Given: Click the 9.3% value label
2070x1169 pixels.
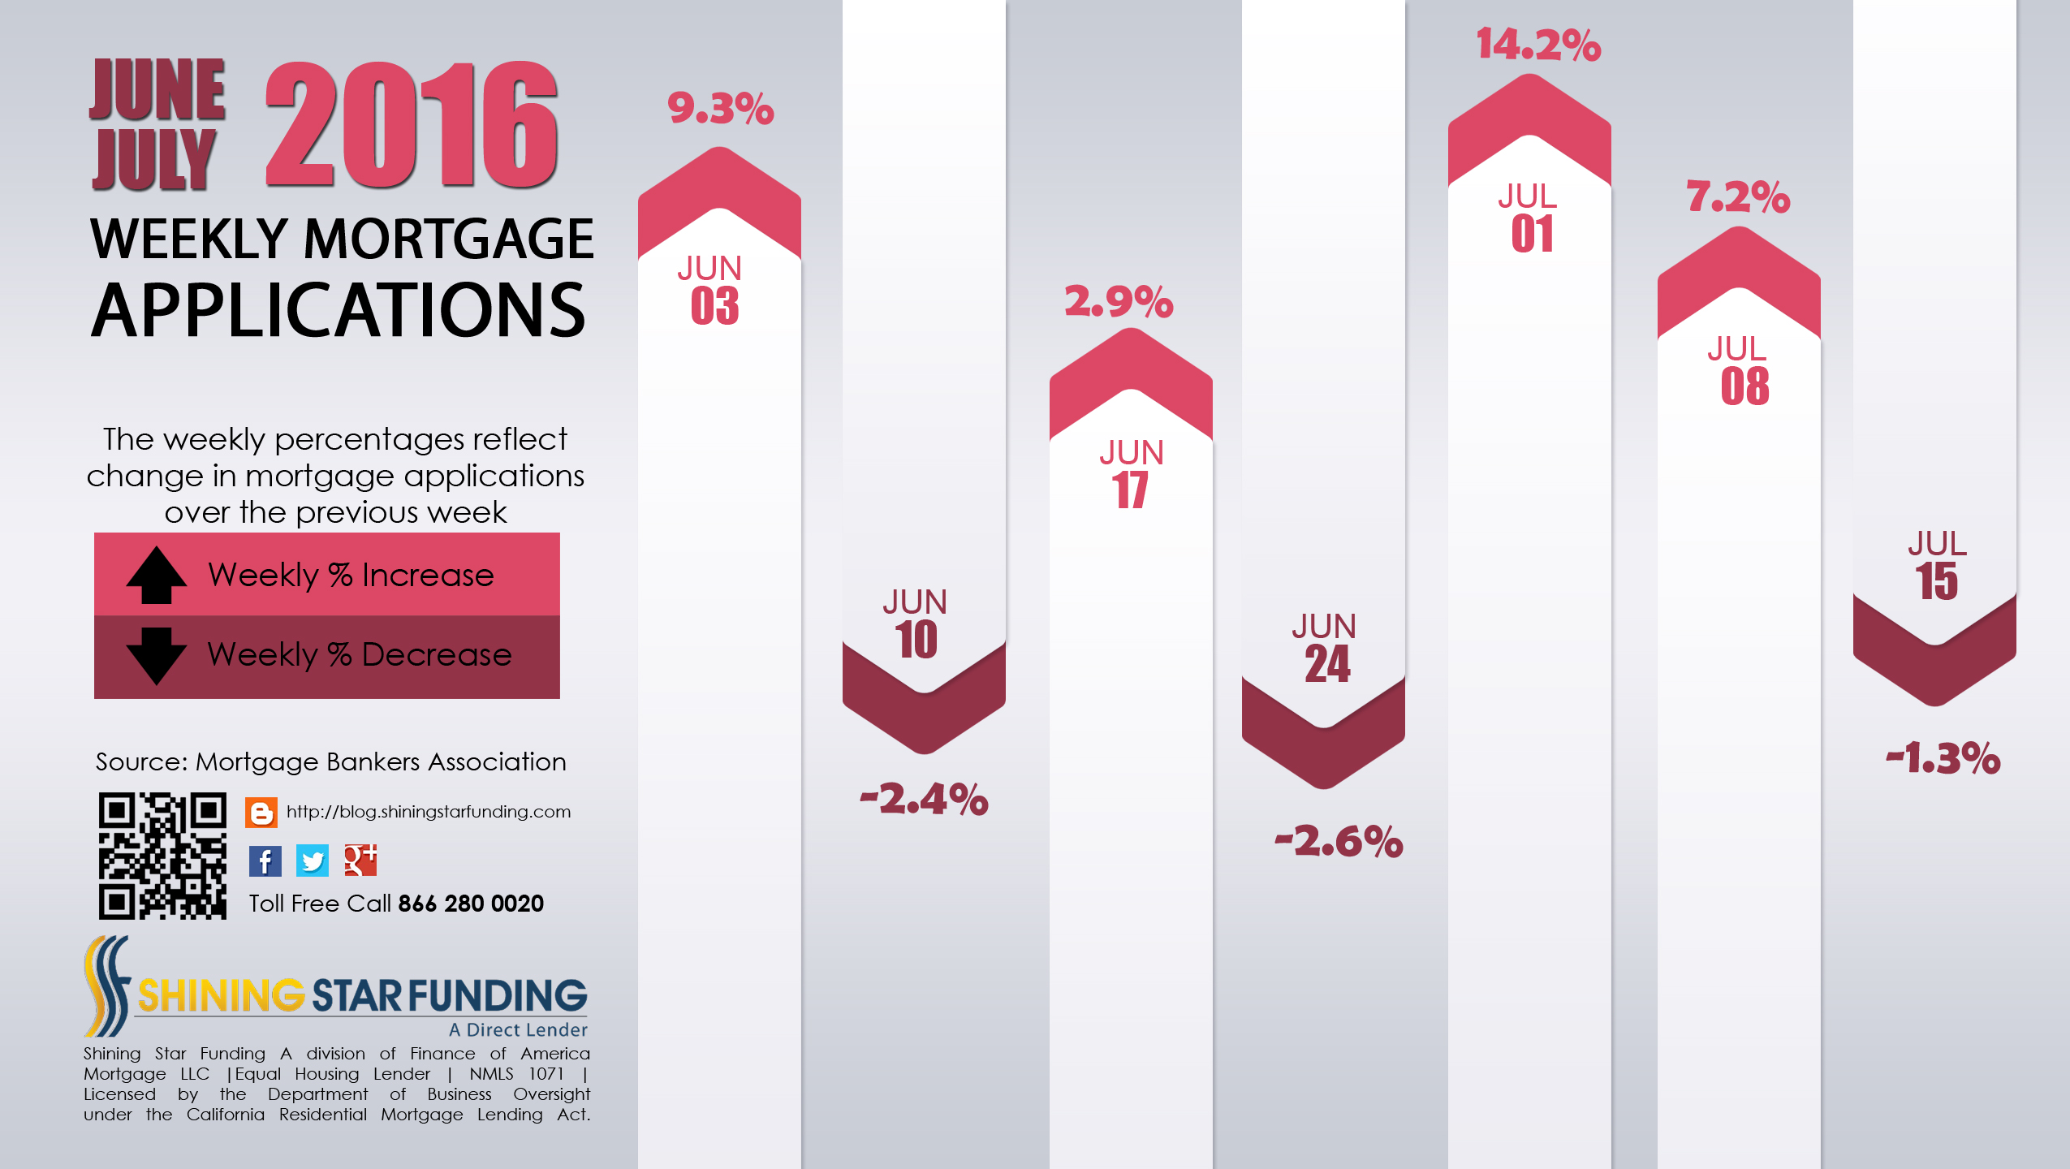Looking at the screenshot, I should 720,109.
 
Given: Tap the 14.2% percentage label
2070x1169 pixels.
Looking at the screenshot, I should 1538,45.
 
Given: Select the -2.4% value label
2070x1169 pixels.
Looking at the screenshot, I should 924,799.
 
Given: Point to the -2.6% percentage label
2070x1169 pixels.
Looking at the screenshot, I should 1339,841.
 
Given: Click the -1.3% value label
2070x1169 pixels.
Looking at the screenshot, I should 1943,758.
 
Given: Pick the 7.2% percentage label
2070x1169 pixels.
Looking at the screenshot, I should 1738,197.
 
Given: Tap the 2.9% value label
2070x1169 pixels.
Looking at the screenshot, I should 1119,302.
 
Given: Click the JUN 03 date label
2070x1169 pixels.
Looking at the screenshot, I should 712,291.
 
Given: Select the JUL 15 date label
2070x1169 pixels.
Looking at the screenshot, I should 1937,566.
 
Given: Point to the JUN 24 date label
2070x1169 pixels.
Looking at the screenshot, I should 1325,649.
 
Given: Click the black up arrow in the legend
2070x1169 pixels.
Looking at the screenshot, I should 156,575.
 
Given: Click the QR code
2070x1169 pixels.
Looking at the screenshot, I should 162,856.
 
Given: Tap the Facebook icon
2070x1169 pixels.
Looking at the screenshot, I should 265,861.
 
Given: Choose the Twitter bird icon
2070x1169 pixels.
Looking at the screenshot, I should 313,861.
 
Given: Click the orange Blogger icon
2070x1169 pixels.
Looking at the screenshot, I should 261,812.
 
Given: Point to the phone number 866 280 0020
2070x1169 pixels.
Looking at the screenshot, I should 471,904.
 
